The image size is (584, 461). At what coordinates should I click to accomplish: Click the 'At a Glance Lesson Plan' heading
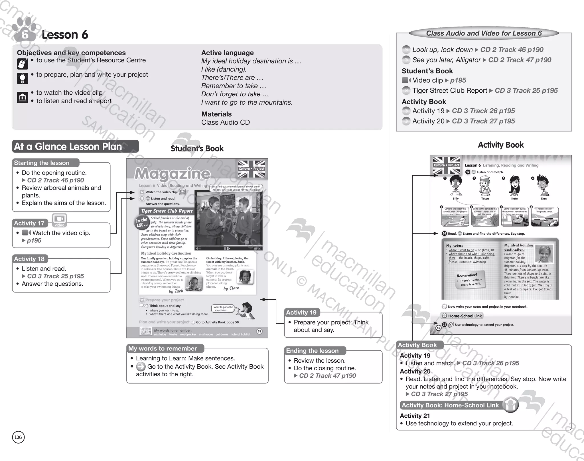pyautogui.click(x=68, y=147)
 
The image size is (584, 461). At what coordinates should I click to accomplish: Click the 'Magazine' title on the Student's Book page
pyautogui.click(x=172, y=173)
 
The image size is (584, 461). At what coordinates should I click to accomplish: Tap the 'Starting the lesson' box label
pyautogui.click(x=42, y=163)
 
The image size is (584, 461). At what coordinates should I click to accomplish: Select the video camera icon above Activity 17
pyautogui.click(x=60, y=220)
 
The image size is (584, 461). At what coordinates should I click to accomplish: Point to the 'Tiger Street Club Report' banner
pyautogui.click(x=167, y=211)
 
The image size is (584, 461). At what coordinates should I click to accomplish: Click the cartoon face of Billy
pyautogui.click(x=455, y=186)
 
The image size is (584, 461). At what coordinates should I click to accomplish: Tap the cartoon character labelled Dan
pyautogui.click(x=543, y=186)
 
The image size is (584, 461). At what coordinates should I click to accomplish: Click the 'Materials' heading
pyautogui.click(x=216, y=114)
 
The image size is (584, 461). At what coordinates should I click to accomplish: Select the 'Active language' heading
pyautogui.click(x=227, y=53)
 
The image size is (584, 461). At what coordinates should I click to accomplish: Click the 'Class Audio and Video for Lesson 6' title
pyautogui.click(x=484, y=33)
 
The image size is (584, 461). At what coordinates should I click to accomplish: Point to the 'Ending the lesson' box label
pyautogui.click(x=312, y=351)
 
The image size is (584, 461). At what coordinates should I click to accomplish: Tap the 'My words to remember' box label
pyautogui.click(x=163, y=348)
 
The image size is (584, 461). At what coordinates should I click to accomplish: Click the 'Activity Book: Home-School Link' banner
pyautogui.click(x=450, y=405)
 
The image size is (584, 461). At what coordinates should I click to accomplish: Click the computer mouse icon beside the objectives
pyautogui.click(x=23, y=64)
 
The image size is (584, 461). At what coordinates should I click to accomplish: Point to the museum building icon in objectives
pyautogui.click(x=23, y=98)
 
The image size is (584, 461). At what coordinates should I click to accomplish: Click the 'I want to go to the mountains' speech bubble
pyautogui.click(x=223, y=308)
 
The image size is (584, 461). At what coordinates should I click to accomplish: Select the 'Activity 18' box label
pyautogui.click(x=29, y=259)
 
